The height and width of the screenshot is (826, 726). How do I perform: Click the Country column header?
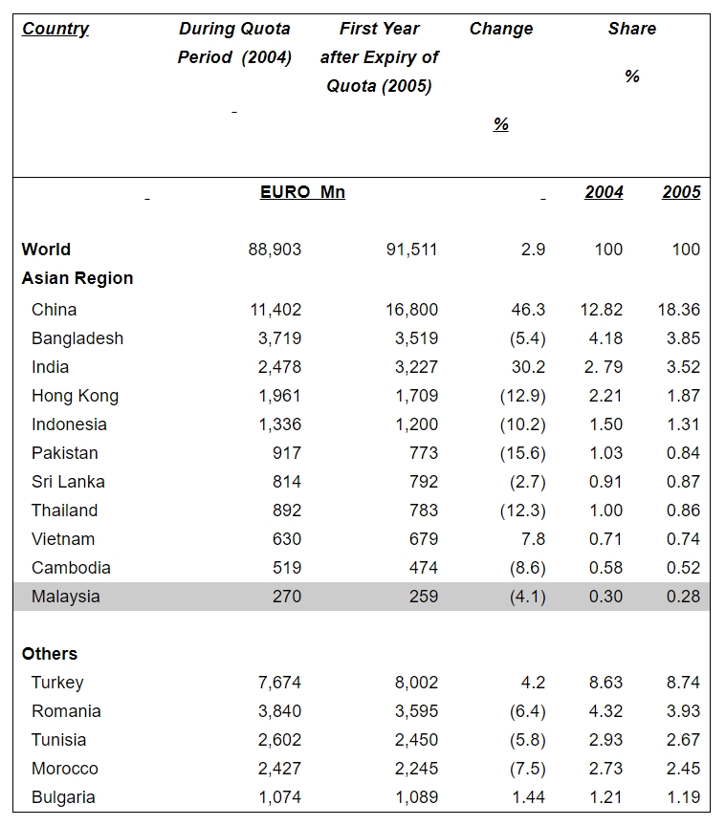click(55, 29)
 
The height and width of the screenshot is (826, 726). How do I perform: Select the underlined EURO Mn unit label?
click(302, 192)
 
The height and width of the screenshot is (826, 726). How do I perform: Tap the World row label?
click(46, 250)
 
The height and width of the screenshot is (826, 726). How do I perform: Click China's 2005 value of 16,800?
click(411, 310)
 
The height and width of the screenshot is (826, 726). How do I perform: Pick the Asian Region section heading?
click(77, 278)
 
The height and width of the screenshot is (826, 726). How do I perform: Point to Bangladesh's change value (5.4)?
click(522, 338)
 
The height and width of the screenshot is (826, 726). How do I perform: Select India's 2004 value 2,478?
click(276, 367)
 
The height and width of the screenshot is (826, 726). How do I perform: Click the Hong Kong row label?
click(75, 396)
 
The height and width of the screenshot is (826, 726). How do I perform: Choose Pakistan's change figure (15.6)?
click(522, 453)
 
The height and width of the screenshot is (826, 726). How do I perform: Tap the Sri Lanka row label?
click(68, 482)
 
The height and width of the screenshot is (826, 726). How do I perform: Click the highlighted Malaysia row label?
click(65, 597)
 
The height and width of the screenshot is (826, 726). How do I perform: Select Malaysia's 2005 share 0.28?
click(683, 597)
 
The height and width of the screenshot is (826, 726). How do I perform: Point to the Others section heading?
click(50, 654)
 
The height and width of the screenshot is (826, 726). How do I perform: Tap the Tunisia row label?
click(58, 740)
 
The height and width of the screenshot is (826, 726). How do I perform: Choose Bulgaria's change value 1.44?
click(528, 797)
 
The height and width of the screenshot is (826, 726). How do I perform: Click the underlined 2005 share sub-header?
click(681, 192)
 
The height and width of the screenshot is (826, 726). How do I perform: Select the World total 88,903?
click(275, 250)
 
